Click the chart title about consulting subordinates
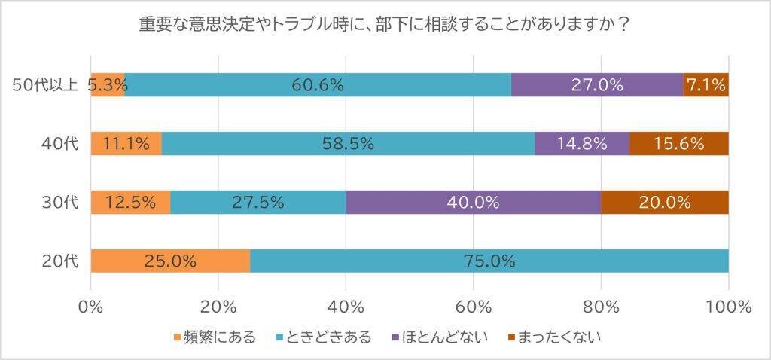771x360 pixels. tap(385, 24)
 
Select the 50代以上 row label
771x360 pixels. tap(46, 85)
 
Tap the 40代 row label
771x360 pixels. tap(59, 144)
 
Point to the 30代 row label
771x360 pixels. tap(59, 202)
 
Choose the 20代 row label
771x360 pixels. tap(59, 261)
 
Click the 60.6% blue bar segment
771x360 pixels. tap(318, 85)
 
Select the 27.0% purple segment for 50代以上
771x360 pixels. tap(596, 85)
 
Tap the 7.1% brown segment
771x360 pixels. tap(706, 85)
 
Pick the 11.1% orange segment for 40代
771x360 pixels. tap(126, 144)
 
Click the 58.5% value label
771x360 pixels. tap(348, 144)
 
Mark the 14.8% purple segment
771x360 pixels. tap(581, 144)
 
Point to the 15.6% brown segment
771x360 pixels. tap(678, 144)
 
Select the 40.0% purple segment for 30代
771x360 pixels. tap(473, 202)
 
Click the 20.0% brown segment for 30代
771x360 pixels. tap(665, 202)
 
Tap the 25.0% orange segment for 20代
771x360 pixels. tap(170, 261)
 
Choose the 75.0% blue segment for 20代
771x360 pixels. tap(489, 261)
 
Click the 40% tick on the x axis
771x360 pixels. tap(346, 306)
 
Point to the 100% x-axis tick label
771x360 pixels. tap(729, 306)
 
